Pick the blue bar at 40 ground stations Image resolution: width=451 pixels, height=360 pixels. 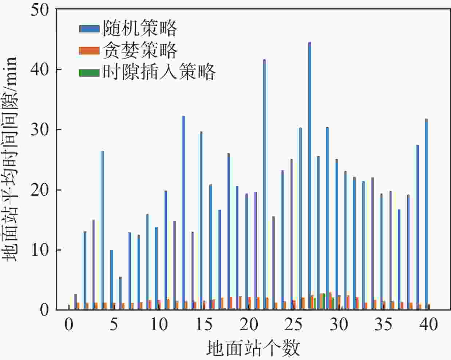[x=426, y=214]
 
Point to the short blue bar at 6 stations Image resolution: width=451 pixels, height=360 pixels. [x=120, y=293]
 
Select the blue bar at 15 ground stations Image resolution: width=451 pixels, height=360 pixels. [x=201, y=220]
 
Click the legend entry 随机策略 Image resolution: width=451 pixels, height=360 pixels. [x=140, y=28]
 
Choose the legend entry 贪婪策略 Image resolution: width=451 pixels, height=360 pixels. [x=140, y=50]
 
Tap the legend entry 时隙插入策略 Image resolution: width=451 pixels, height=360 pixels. [x=159, y=72]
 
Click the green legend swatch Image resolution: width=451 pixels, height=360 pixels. [x=89, y=72]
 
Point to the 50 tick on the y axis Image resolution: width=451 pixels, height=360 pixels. [x=40, y=9]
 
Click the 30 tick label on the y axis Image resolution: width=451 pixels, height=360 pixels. [x=40, y=130]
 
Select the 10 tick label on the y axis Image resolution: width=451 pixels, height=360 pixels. [x=40, y=250]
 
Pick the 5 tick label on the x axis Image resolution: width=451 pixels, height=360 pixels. [x=114, y=324]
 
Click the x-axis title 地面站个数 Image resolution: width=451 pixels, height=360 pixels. [x=253, y=348]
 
